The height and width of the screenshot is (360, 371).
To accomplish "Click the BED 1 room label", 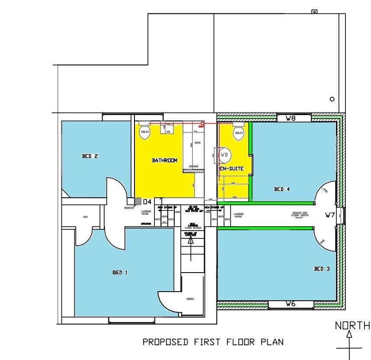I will pos(120,273).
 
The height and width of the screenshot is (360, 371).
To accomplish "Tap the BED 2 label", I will pos(90,156).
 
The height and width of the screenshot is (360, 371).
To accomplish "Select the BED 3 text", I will pos(321,269).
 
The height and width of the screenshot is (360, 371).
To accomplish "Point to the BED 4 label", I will pos(282,189).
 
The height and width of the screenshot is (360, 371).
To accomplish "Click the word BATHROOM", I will pos(164,161).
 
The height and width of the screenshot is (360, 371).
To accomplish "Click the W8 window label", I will pos(290,118).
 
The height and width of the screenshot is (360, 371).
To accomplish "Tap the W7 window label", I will pos(330,215).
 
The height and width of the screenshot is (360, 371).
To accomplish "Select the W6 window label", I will pos(291,305).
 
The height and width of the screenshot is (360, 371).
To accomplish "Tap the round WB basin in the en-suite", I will pos(224,155).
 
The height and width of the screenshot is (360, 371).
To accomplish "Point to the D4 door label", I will pos(147,202).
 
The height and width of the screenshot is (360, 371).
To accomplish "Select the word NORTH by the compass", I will pos(352,325).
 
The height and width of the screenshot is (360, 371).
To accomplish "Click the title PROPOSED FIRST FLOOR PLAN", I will pos(213,342).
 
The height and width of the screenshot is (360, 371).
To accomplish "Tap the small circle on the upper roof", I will pos(332,99).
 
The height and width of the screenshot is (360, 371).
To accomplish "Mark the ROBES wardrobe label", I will pos(190,299).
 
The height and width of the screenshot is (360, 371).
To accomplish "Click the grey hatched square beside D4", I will pos(138,201).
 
